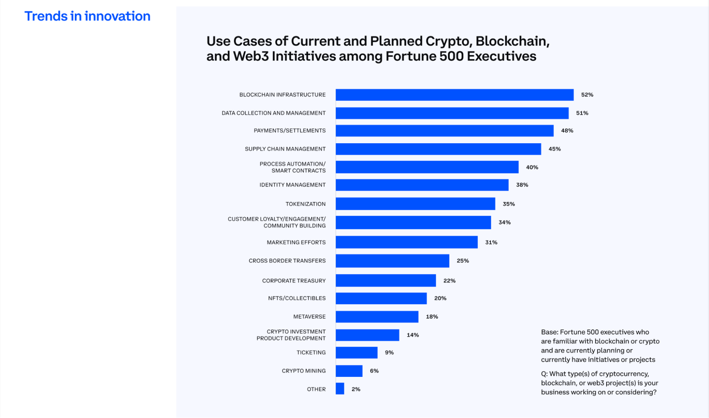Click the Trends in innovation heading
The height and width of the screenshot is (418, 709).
[87, 16]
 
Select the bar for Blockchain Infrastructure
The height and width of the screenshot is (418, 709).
[454, 95]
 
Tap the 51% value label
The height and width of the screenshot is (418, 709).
[582, 113]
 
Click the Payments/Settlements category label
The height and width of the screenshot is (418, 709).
[289, 131]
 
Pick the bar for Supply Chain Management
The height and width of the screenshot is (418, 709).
[438, 149]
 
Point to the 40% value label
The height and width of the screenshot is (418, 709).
[532, 167]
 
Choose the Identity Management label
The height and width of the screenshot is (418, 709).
[292, 185]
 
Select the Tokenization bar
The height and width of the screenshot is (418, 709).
[415, 204]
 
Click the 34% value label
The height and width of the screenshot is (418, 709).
[504, 223]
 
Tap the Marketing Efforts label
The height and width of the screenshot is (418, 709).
[296, 243]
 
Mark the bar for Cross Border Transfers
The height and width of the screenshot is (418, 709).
[392, 261]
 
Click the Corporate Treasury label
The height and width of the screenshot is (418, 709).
[294, 281]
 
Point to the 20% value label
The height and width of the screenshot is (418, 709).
[440, 299]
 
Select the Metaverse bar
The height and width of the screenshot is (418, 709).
[377, 317]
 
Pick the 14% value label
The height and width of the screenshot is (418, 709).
[412, 335]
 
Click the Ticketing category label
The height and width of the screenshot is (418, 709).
[311, 353]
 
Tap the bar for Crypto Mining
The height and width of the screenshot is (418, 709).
[349, 371]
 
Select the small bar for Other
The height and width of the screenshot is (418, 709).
[340, 389]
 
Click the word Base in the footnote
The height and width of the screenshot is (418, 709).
[549, 332]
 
